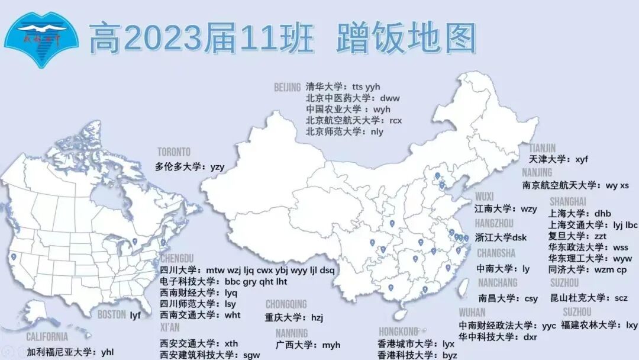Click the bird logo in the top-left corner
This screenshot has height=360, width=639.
click(x=41, y=38)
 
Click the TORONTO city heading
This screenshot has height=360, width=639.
click(x=174, y=152)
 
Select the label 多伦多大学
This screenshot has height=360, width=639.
click(x=179, y=167)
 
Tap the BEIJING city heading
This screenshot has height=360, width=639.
click(x=288, y=88)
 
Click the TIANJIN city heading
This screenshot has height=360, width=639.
click(x=543, y=148)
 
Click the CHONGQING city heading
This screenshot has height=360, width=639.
click(x=286, y=304)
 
